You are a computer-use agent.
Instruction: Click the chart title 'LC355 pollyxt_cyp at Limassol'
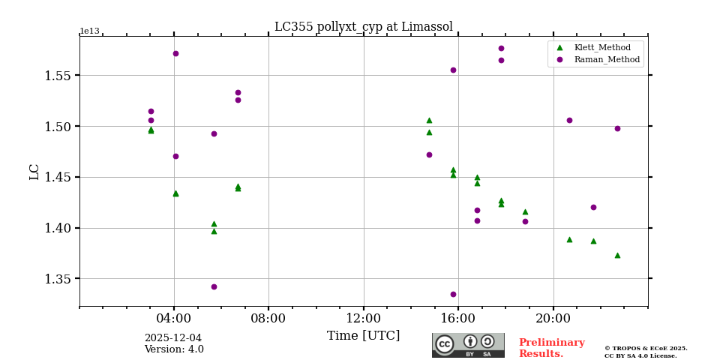[x=363, y=27]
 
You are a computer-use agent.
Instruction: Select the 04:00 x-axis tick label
[x=174, y=317]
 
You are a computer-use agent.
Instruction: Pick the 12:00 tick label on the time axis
[x=364, y=317]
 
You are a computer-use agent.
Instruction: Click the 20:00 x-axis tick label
[x=553, y=317]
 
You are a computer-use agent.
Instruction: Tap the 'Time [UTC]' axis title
[x=363, y=336]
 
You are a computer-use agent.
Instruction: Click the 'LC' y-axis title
[x=34, y=172]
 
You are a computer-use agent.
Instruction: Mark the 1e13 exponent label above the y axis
[x=89, y=31]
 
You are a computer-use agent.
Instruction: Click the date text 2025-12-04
[x=173, y=338]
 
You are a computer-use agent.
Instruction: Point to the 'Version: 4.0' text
[x=174, y=349]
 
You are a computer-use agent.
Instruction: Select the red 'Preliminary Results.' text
[x=551, y=348]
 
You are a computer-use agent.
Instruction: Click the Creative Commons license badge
[x=468, y=345]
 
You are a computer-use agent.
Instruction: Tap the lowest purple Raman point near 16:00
[x=453, y=294]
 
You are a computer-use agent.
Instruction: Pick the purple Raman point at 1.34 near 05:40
[x=214, y=286]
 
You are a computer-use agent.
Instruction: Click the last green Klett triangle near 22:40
[x=617, y=255]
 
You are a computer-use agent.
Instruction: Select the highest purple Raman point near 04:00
[x=175, y=53]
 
